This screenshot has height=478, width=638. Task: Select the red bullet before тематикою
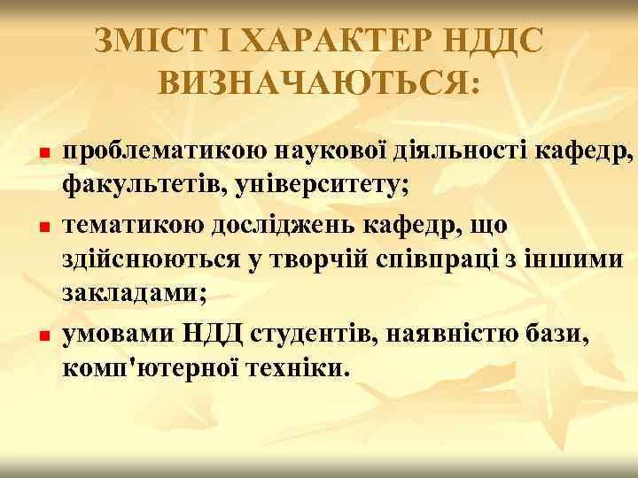(x=42, y=228)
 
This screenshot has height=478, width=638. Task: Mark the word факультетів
(x=139, y=189)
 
